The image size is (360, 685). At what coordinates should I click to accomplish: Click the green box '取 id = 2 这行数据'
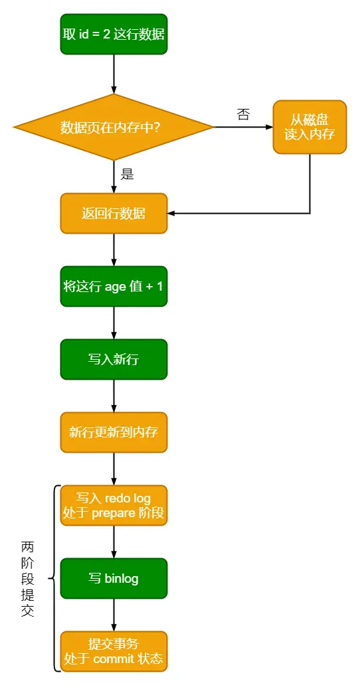pyautogui.click(x=114, y=34)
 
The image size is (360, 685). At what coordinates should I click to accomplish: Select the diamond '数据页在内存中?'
pyautogui.click(x=114, y=127)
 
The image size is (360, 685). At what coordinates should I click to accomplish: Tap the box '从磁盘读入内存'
pyautogui.click(x=310, y=127)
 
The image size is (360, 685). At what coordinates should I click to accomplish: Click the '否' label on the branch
pyautogui.click(x=243, y=114)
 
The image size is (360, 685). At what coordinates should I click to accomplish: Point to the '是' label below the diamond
pyautogui.click(x=127, y=175)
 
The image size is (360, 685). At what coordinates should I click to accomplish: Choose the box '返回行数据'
pyautogui.click(x=114, y=214)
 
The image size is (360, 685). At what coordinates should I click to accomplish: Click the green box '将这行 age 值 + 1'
pyautogui.click(x=114, y=287)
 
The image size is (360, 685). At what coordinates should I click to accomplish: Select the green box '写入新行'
pyautogui.click(x=114, y=360)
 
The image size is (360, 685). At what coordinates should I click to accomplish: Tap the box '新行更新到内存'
pyautogui.click(x=114, y=433)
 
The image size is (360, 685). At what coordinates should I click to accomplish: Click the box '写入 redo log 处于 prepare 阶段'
pyautogui.click(x=114, y=505)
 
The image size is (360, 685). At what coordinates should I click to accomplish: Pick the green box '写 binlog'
pyautogui.click(x=114, y=578)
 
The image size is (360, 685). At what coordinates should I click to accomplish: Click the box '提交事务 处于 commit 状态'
pyautogui.click(x=114, y=651)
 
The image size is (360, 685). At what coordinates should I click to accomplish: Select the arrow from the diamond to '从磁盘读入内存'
pyautogui.click(x=243, y=127)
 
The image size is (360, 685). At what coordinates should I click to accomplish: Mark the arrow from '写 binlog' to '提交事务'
pyautogui.click(x=114, y=615)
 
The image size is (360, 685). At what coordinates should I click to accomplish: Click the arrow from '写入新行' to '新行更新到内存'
pyautogui.click(x=114, y=396)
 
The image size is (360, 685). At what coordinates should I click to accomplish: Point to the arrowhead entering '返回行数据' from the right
pyautogui.click(x=171, y=214)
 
